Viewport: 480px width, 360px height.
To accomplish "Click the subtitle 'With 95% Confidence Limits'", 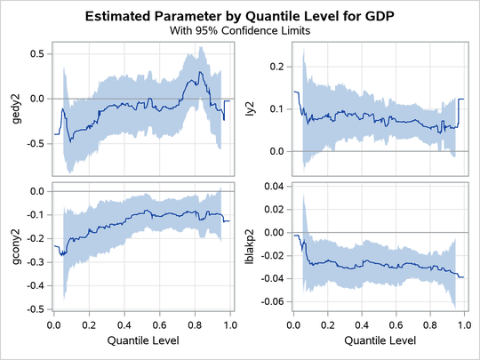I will point(239,30).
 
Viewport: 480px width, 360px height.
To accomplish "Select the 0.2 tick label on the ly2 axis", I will point(277,67).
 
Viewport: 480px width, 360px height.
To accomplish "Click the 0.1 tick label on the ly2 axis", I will point(277,108).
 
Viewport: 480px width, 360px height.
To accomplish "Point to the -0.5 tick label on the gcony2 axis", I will point(35,309).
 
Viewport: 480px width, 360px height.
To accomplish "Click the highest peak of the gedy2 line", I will point(203,72).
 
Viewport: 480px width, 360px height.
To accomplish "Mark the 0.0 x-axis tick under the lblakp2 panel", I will point(294,326).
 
